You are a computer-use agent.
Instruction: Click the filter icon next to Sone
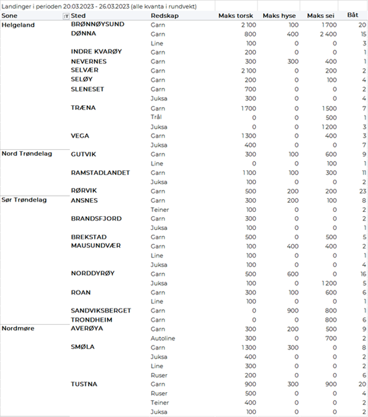66,16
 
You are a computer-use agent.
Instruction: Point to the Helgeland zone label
18,25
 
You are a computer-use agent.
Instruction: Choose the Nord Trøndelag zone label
26,153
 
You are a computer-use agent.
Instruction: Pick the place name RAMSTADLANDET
100,172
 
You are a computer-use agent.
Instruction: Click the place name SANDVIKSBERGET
101,310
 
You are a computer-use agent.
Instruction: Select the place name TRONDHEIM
92,320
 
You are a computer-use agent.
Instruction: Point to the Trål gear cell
156,117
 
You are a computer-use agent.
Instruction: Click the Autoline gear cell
162,338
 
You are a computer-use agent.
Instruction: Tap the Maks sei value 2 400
326,34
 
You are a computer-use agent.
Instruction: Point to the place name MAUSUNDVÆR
96,246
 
